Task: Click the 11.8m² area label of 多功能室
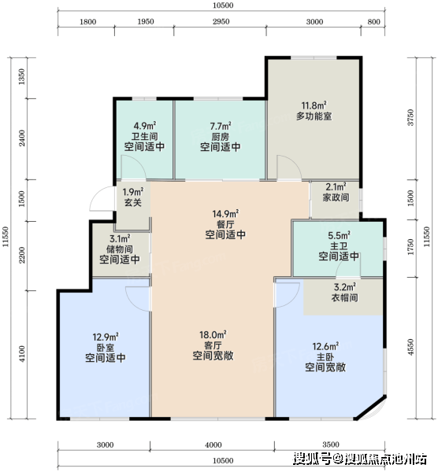click(314, 105)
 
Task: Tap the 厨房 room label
click(221, 137)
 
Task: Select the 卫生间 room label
click(145, 136)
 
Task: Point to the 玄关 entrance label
click(133, 202)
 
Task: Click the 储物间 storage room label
click(120, 249)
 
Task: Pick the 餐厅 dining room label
click(225, 224)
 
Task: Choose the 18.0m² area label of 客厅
click(213, 335)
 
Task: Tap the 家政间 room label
click(336, 197)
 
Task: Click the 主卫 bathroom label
click(339, 246)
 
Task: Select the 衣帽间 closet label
click(344, 297)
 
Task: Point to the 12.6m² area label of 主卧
click(325, 346)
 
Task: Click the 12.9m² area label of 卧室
click(106, 337)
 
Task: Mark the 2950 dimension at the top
click(221, 22)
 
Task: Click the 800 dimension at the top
click(373, 22)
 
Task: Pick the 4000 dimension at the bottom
click(213, 444)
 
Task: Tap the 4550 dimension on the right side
click(410, 347)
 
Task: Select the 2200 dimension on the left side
click(22, 255)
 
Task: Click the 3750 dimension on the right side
click(410, 118)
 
